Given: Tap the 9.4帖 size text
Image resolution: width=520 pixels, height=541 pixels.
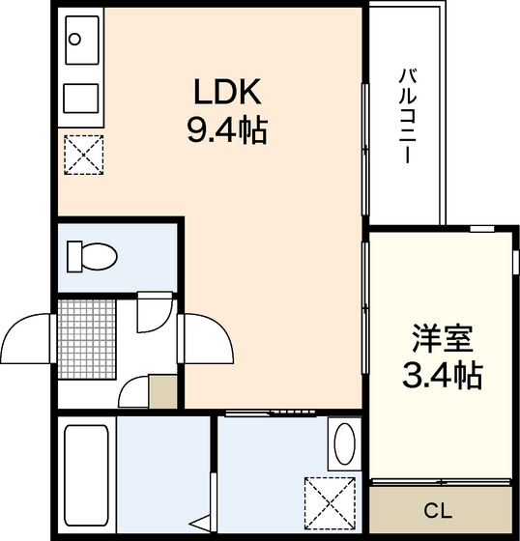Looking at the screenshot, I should pyautogui.click(x=226, y=128).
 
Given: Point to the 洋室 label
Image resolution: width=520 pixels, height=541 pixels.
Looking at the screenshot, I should pyautogui.click(x=441, y=339).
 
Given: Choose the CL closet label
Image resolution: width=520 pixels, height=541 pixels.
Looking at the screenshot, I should pyautogui.click(x=440, y=509).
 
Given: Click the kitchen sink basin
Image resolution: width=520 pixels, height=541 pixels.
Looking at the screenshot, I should pyautogui.click(x=80, y=42).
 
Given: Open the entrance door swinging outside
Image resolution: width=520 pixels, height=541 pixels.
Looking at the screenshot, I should pyautogui.click(x=29, y=337).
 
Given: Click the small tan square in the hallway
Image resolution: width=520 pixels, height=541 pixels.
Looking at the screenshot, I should pyautogui.click(x=163, y=392).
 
